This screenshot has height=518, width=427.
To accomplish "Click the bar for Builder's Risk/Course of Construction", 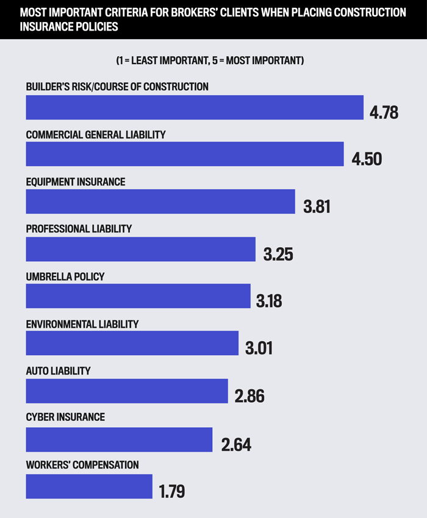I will pyautogui.click(x=195, y=107).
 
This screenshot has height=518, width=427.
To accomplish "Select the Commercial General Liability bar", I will pyautogui.click(x=185, y=154).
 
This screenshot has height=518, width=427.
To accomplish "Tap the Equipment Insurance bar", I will pyautogui.click(x=160, y=201).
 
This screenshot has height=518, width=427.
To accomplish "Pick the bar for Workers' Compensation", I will pyautogui.click(x=89, y=486).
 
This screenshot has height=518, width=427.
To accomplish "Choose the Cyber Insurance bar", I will pyautogui.click(x=119, y=439).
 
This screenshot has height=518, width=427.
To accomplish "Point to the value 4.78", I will pyautogui.click(x=384, y=112).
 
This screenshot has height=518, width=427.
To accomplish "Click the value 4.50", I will pyautogui.click(x=367, y=159).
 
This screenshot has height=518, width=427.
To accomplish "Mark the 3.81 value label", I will pyautogui.click(x=317, y=206).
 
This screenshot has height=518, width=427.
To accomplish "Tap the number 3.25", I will pyautogui.click(x=278, y=254).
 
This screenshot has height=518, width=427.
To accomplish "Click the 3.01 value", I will pyautogui.click(x=259, y=348).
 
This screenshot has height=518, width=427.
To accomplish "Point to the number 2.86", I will pyautogui.click(x=249, y=395).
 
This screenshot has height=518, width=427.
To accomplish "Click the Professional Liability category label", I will pyautogui.click(x=79, y=229).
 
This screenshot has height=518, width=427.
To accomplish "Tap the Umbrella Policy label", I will pyautogui.click(x=65, y=277).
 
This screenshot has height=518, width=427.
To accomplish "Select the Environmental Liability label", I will pyautogui.click(x=82, y=324).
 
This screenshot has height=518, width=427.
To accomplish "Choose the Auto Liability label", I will pyautogui.click(x=58, y=372).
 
